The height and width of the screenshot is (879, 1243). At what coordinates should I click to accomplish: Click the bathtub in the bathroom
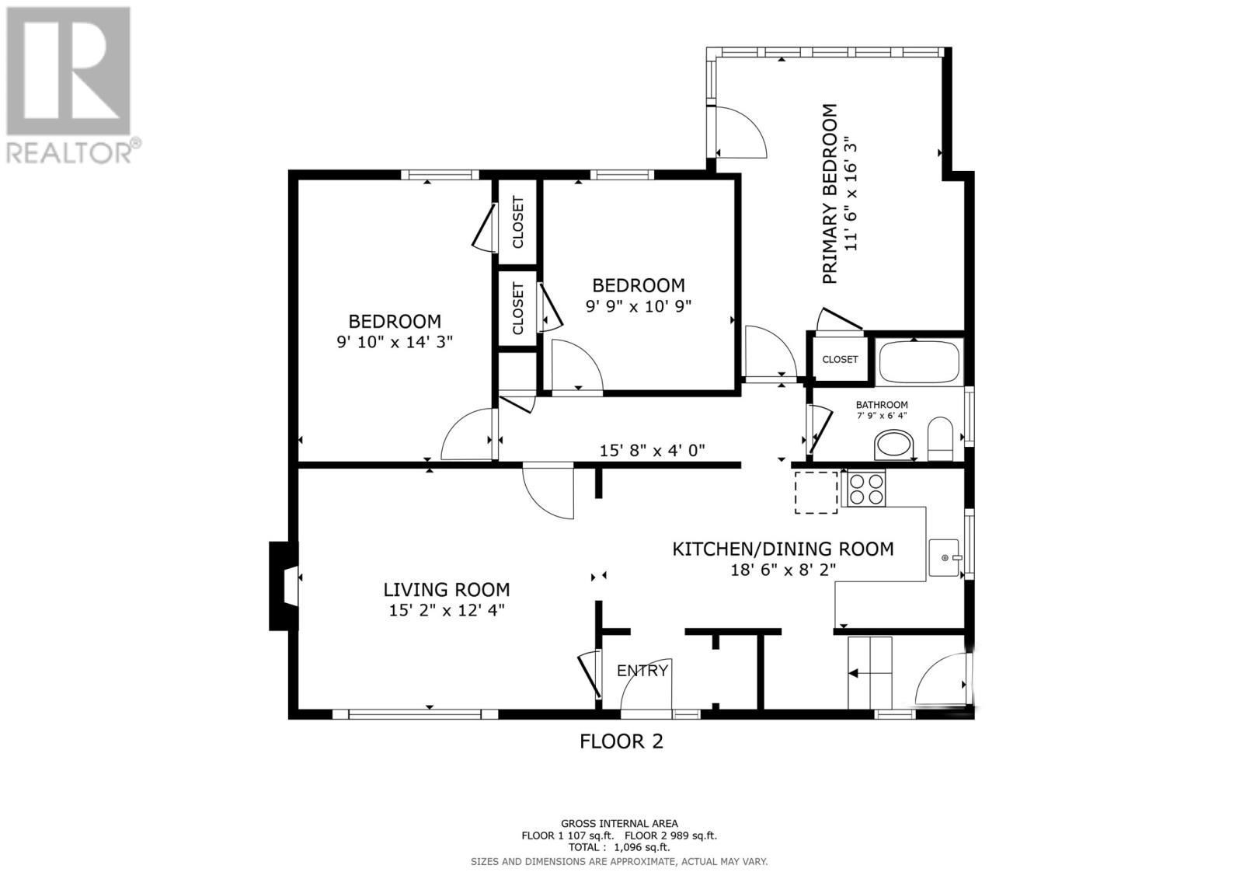pyautogui.click(x=919, y=362)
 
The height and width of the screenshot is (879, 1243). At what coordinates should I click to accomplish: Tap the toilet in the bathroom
pyautogui.click(x=940, y=438)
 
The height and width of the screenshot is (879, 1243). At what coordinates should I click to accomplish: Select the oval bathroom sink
pyautogui.click(x=893, y=445)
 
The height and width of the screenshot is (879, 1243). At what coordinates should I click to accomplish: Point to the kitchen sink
pyautogui.click(x=944, y=557)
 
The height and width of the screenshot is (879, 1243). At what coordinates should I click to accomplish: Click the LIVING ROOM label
pyautogui.click(x=447, y=590)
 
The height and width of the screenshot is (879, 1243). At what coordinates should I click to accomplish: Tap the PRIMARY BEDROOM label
pyautogui.click(x=829, y=194)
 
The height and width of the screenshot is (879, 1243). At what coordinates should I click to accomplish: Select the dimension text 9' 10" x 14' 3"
pyautogui.click(x=395, y=341)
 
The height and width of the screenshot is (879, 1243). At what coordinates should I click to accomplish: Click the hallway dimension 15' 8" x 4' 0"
pyautogui.click(x=652, y=450)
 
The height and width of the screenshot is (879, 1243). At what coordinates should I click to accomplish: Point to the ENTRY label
pyautogui.click(x=642, y=671)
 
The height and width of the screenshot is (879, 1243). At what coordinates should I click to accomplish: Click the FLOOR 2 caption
pyautogui.click(x=621, y=741)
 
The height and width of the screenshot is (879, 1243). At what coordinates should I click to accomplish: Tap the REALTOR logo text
pyautogui.click(x=69, y=152)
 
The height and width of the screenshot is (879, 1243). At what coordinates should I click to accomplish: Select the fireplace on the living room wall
pyautogui.click(x=284, y=586)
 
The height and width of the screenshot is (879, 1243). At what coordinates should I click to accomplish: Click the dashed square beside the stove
pyautogui.click(x=816, y=493)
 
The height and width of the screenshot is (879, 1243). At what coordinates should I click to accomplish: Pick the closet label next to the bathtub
pyautogui.click(x=840, y=359)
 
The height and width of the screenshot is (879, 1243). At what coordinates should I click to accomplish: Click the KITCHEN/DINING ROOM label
pyautogui.click(x=783, y=549)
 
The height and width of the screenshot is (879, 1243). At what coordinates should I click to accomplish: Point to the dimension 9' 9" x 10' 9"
pyautogui.click(x=638, y=306)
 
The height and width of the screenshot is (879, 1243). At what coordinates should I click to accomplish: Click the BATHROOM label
pyautogui.click(x=881, y=405)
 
